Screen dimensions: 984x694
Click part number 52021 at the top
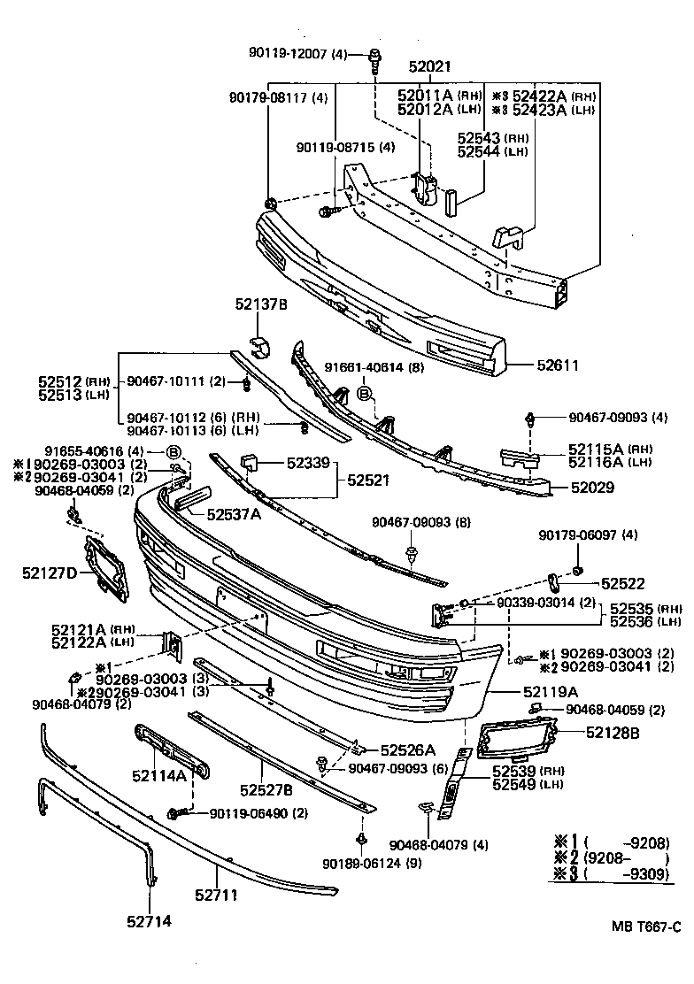pyautogui.click(x=430, y=67)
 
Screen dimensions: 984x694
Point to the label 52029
pyautogui.click(x=593, y=487)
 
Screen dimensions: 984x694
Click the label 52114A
pyautogui.click(x=159, y=776)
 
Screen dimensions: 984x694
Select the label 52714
pyautogui.click(x=148, y=921)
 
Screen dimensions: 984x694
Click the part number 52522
pyautogui.click(x=623, y=583)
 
